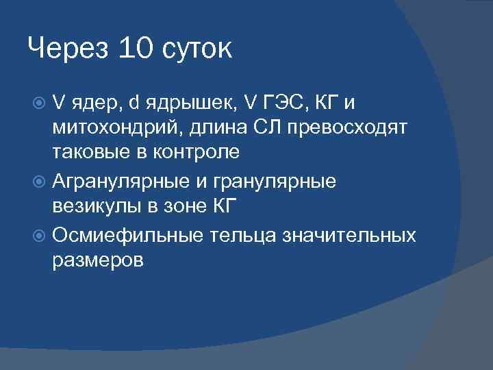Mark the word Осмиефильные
(127, 235)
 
